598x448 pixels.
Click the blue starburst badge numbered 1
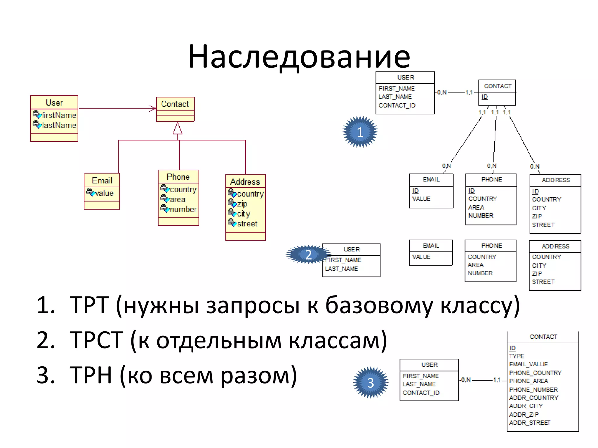pyautogui.click(x=360, y=132)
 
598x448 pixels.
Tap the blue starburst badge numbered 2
pyautogui.click(x=308, y=255)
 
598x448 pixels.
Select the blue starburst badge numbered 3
pyautogui.click(x=371, y=383)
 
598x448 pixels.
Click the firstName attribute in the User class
pyautogui.click(x=58, y=115)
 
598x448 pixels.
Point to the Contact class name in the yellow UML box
pyautogui.click(x=175, y=104)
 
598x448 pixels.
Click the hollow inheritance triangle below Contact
pyautogui.click(x=178, y=129)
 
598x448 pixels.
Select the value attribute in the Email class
pyautogui.click(x=104, y=193)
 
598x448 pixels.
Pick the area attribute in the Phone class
pyautogui.click(x=177, y=199)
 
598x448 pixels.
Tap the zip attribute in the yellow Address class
pyautogui.click(x=242, y=204)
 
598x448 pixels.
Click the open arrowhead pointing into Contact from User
pyautogui.click(x=153, y=108)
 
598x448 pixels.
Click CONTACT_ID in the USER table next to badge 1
pyautogui.click(x=397, y=105)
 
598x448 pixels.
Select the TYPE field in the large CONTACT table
pyautogui.click(x=517, y=356)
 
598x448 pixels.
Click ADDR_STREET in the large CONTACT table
pyautogui.click(x=530, y=423)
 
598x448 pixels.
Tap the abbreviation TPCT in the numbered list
pyautogui.click(x=96, y=340)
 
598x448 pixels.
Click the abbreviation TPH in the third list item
pyautogui.click(x=91, y=375)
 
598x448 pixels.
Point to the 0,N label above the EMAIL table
pyautogui.click(x=446, y=166)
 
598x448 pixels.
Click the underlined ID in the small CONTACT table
pyautogui.click(x=485, y=97)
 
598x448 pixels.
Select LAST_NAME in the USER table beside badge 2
pyautogui.click(x=341, y=269)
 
